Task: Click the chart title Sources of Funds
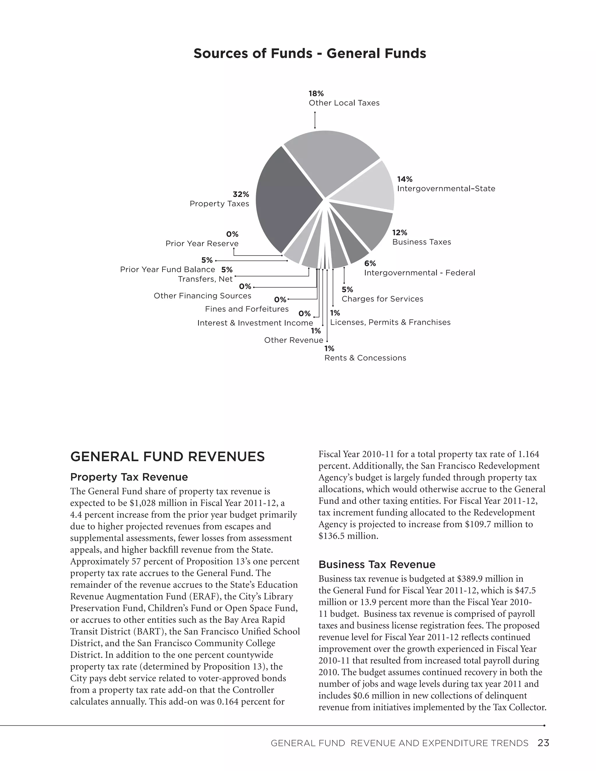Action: [x=310, y=54]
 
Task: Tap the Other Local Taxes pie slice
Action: [x=330, y=159]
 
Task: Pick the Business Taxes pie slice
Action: [x=367, y=226]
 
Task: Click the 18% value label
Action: [x=316, y=94]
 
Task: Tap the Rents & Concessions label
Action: [x=365, y=358]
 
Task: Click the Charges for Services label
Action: [x=382, y=299]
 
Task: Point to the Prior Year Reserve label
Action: [x=202, y=244]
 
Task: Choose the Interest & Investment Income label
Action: [x=255, y=323]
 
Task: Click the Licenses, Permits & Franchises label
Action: [x=390, y=322]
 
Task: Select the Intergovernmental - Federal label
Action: [x=419, y=273]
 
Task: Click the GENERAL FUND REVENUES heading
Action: [x=167, y=457]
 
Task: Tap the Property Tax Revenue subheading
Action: [x=129, y=477]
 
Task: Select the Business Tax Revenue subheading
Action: [x=377, y=564]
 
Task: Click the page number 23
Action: [x=543, y=743]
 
